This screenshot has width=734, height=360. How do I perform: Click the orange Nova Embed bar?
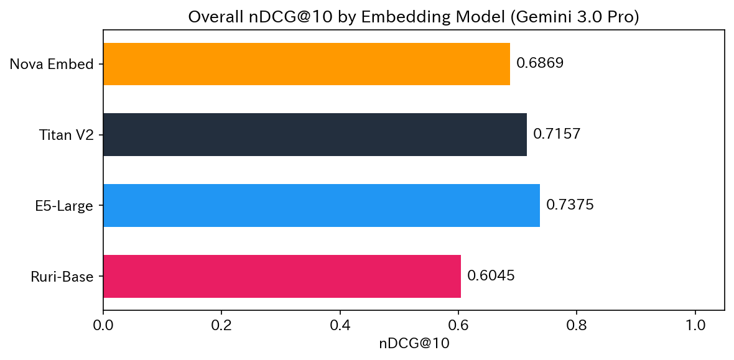[x=306, y=64]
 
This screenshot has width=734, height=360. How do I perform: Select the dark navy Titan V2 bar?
[x=315, y=134]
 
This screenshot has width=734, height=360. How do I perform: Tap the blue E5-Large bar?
[x=321, y=205]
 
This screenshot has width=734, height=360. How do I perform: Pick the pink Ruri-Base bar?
[x=282, y=276]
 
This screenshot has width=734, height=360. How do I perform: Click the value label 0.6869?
[x=539, y=63]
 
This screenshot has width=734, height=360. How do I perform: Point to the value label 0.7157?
[x=557, y=134]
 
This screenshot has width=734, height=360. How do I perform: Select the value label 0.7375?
[x=570, y=205]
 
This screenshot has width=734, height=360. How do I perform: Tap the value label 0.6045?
[x=491, y=276]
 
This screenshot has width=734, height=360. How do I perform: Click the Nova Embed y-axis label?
[x=51, y=64]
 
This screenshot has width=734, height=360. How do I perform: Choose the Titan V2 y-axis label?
[x=66, y=134]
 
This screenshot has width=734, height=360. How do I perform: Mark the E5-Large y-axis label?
[x=63, y=205]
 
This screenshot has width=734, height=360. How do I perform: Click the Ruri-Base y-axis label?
[x=62, y=276]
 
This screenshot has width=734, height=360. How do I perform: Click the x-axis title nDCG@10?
[x=414, y=343]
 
